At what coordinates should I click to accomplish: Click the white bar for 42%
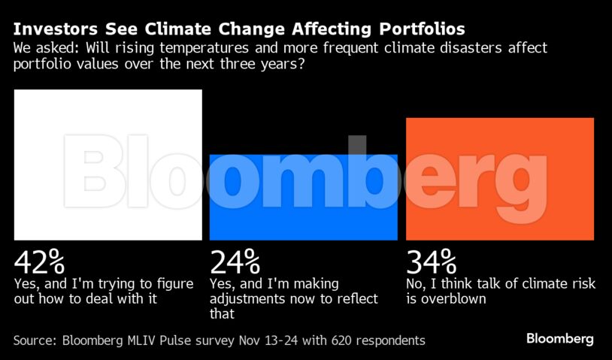[108, 165]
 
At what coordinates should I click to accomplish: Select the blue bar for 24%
[303, 197]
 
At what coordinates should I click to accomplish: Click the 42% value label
[39, 262]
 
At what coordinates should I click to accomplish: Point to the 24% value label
[235, 262]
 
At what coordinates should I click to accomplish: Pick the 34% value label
[432, 262]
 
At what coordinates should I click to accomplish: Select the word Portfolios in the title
[420, 29]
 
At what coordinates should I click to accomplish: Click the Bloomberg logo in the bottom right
[559, 338]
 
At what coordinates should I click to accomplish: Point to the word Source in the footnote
[35, 340]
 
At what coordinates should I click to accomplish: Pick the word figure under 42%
[171, 284]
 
